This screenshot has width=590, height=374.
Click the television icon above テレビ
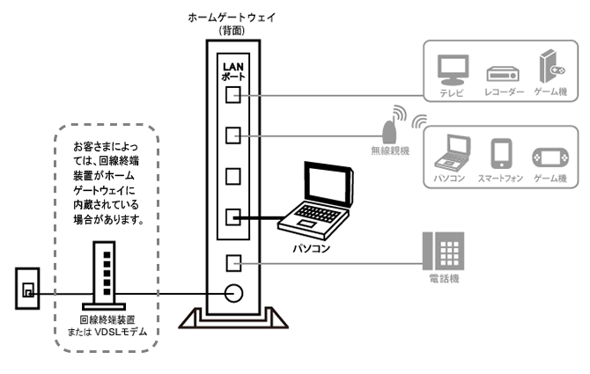tap(453, 70)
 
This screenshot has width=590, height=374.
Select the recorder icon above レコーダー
tap(503, 74)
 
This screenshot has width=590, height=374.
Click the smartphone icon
tap(501, 153)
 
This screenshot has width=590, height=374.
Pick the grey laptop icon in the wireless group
tap(452, 152)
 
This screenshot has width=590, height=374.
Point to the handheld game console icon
tap(550, 158)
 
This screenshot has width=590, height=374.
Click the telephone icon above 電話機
tap(443, 251)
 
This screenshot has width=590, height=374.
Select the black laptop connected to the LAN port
tap(316, 201)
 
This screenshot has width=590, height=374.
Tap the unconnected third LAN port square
tap(232, 176)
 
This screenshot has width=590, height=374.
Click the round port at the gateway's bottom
tap(233, 293)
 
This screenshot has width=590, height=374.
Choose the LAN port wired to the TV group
tap(232, 95)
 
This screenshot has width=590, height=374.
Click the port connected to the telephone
tap(233, 263)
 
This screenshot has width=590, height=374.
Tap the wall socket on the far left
tap(27, 289)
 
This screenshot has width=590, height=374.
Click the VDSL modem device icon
tap(104, 275)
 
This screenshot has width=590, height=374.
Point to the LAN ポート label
tap(233, 71)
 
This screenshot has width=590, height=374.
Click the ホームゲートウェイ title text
tap(232, 18)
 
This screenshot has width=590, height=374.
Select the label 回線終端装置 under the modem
tap(107, 319)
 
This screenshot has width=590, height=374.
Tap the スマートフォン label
tap(500, 178)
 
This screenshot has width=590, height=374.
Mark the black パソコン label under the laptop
tap(312, 248)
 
